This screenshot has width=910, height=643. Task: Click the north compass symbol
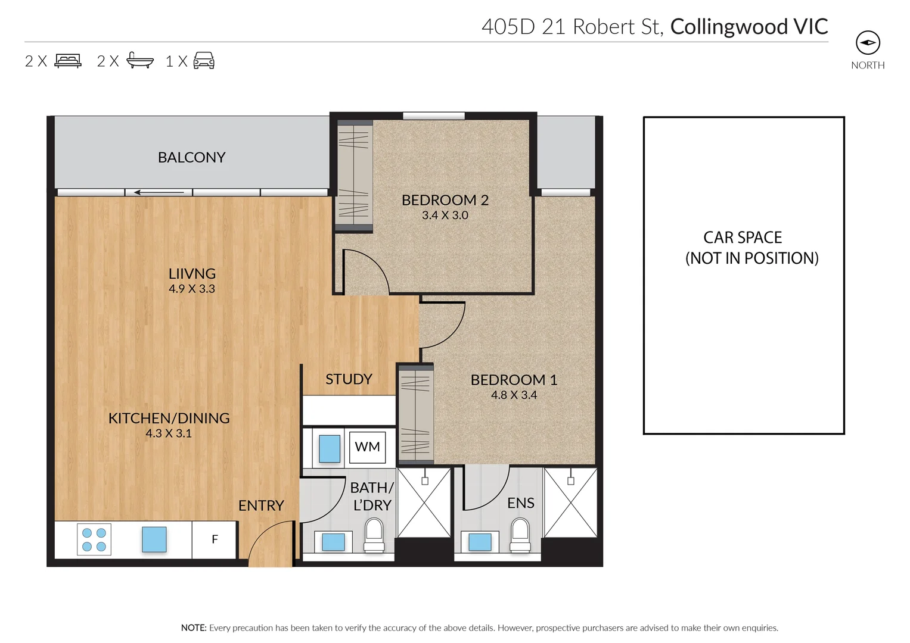(x=868, y=43)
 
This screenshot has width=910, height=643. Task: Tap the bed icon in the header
(x=68, y=61)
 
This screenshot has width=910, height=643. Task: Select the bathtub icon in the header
(x=140, y=61)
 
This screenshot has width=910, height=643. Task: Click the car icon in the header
(x=204, y=61)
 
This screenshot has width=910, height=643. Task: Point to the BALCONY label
(x=191, y=157)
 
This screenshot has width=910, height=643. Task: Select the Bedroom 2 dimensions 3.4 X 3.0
(x=445, y=216)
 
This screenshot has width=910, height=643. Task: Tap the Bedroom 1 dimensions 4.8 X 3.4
(x=514, y=395)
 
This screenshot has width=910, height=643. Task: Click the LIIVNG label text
(x=192, y=274)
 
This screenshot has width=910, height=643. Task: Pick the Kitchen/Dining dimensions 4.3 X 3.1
(x=169, y=433)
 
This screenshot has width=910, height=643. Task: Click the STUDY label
(x=349, y=379)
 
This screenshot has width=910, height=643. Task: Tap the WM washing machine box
(x=367, y=447)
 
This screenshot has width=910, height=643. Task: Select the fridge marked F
(x=215, y=539)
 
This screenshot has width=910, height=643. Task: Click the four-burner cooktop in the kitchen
(x=94, y=539)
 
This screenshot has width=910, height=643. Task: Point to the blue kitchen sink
(x=154, y=539)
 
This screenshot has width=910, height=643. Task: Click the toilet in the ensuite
(x=520, y=535)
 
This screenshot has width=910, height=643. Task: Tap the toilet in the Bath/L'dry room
(x=374, y=535)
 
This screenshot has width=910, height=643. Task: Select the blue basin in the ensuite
(x=480, y=542)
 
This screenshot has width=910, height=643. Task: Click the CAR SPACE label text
(x=743, y=238)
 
